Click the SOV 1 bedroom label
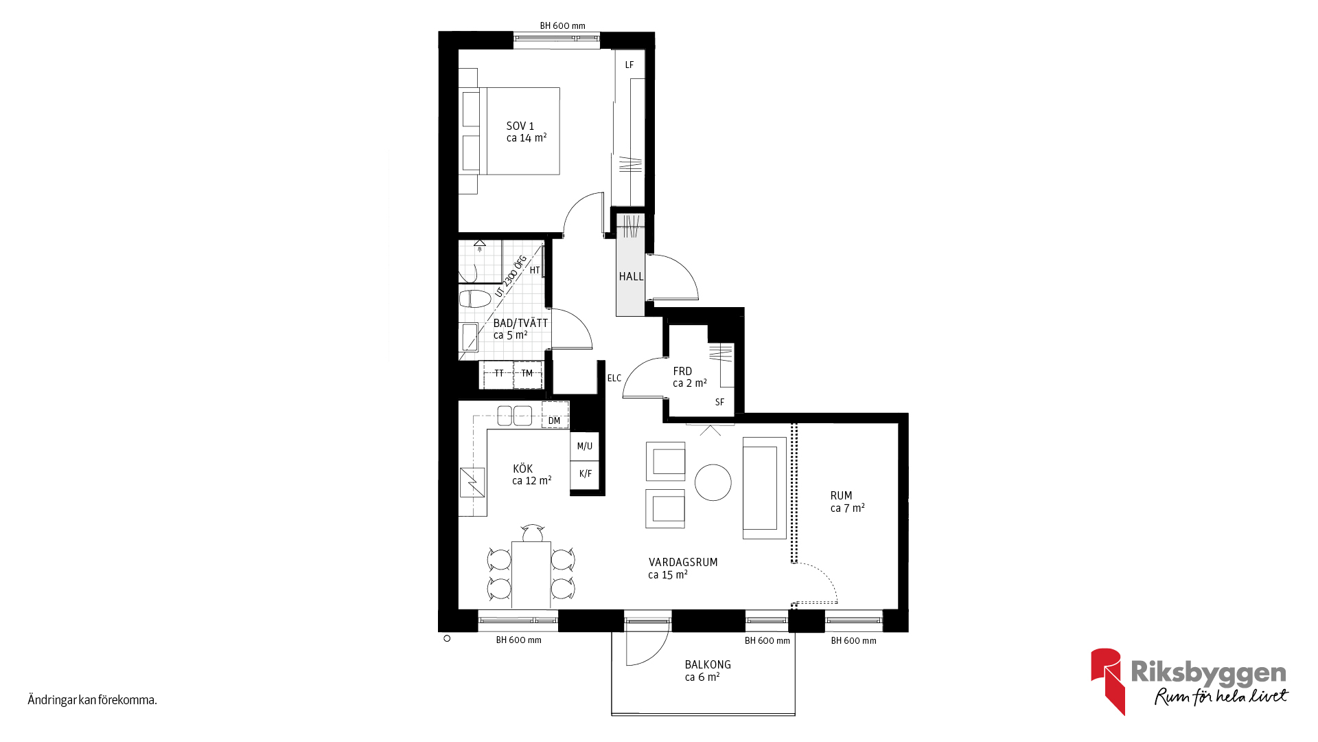(x=527, y=132)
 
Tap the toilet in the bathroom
(x=475, y=299)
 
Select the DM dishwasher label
(x=555, y=420)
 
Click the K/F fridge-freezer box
(x=585, y=474)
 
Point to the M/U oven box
(x=585, y=447)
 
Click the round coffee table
(x=713, y=482)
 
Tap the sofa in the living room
(x=764, y=488)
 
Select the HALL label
(x=632, y=276)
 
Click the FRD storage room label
(x=690, y=377)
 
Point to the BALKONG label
(x=708, y=671)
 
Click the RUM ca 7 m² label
(x=848, y=502)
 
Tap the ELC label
(x=614, y=378)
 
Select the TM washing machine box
(x=527, y=374)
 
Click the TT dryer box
(x=498, y=374)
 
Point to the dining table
(x=531, y=574)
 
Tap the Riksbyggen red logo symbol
(x=1107, y=680)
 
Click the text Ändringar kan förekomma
(x=93, y=700)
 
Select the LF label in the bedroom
(x=629, y=65)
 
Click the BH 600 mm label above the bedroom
(x=563, y=26)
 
